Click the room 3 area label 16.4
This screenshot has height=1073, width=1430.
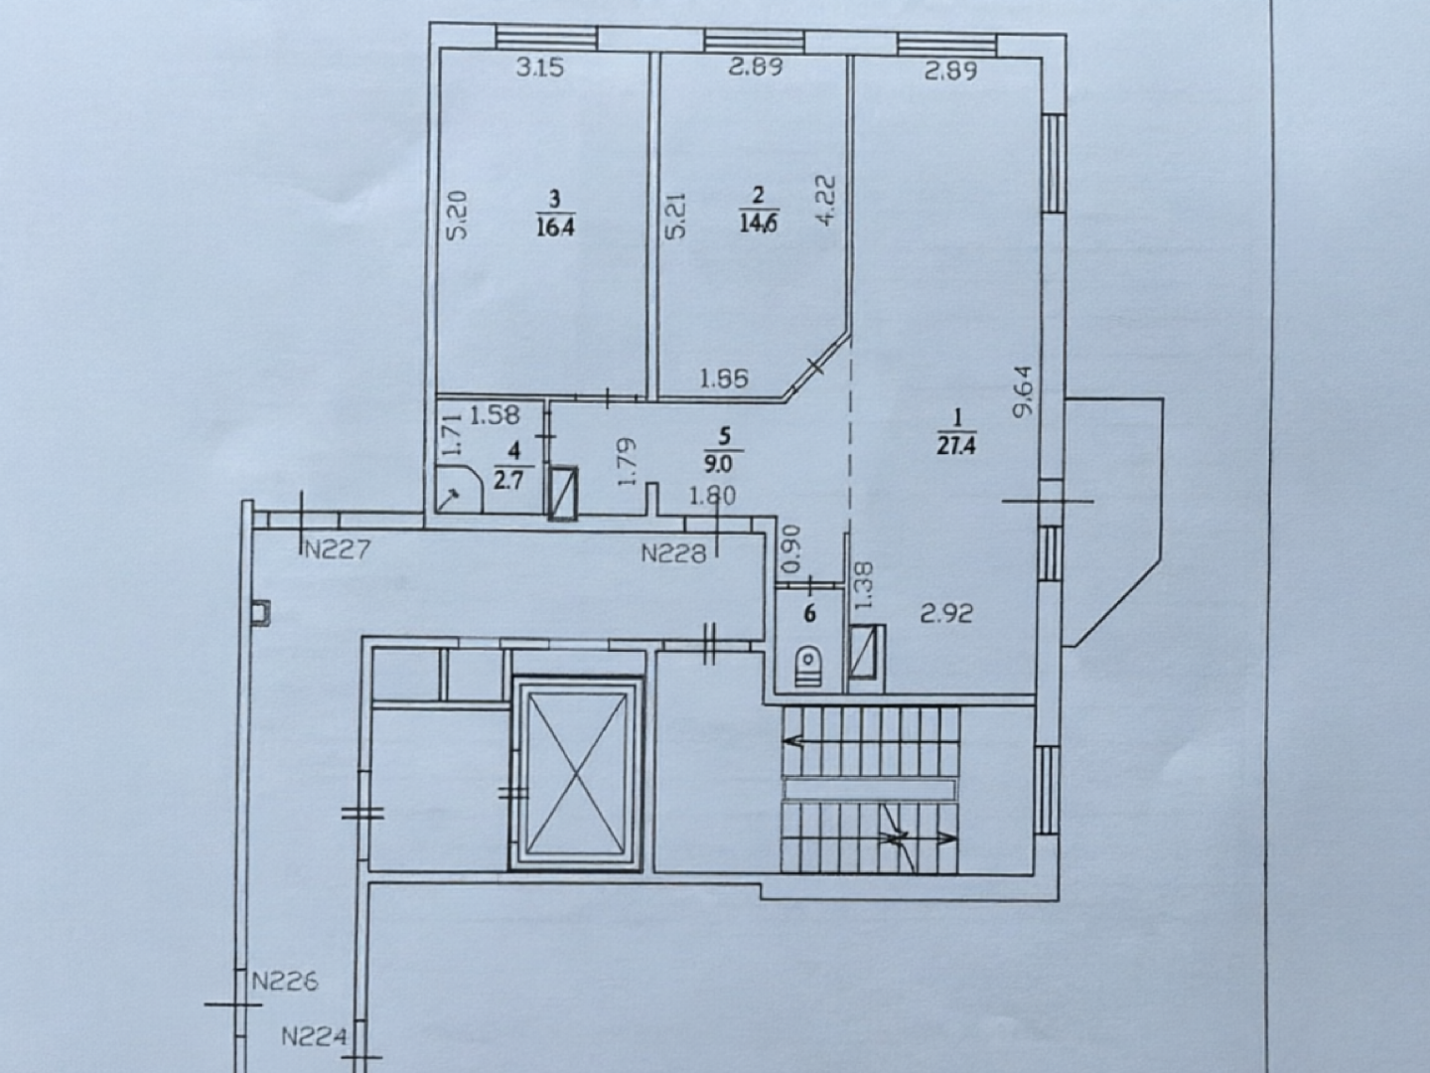556,229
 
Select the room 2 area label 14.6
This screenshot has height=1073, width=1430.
759,224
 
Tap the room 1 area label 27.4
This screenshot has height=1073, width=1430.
957,446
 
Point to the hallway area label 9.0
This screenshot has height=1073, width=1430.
723,465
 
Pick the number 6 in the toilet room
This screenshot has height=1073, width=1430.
809,614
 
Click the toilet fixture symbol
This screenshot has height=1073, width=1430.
809,667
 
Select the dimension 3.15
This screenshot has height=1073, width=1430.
540,68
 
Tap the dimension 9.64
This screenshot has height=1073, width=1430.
1024,390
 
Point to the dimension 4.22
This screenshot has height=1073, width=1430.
825,200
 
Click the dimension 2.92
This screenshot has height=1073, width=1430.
946,613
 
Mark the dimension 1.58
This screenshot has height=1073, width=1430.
495,414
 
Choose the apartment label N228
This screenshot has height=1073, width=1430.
673,553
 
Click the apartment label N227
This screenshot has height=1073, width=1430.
338,549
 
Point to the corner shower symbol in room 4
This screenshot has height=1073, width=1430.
459,489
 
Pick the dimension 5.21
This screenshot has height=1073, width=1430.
677,215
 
